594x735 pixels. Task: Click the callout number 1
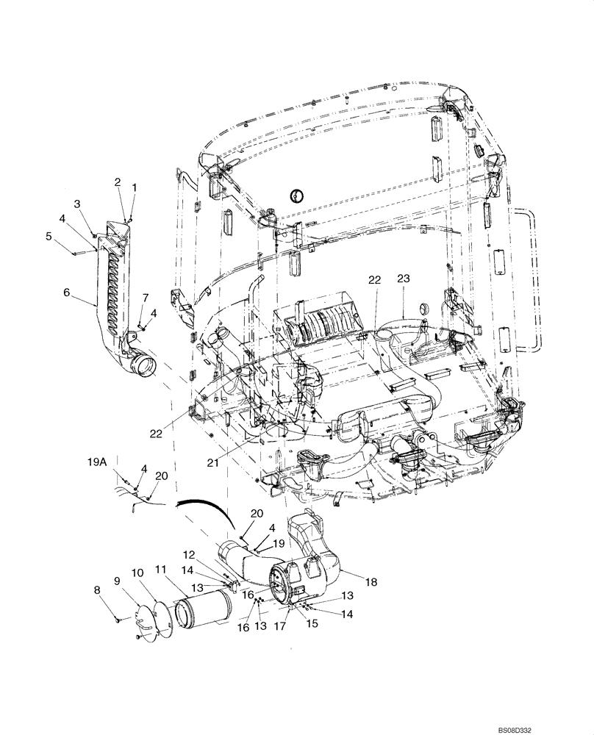pyautogui.click(x=134, y=187)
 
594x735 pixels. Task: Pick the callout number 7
pyautogui.click(x=146, y=297)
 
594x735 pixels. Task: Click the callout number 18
pyautogui.click(x=371, y=581)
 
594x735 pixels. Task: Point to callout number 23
pyautogui.click(x=404, y=279)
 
